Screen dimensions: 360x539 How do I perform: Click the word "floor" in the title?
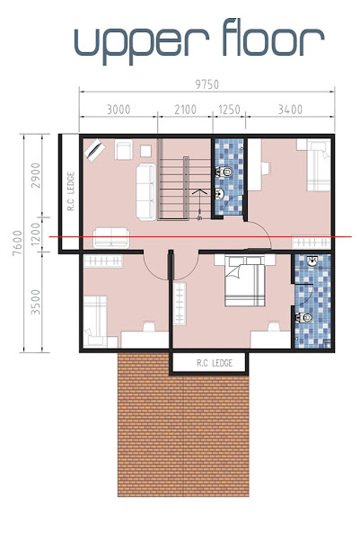point(273,37)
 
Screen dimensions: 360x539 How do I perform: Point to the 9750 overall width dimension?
point(207,84)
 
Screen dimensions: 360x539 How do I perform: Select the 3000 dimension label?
point(119,110)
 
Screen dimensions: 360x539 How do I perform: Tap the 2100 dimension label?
point(185,110)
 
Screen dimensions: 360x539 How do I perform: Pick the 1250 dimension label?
point(229,110)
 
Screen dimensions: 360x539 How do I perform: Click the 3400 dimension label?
point(290,110)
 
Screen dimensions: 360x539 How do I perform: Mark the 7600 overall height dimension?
point(17,243)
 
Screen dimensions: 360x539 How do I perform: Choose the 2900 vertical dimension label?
point(35,175)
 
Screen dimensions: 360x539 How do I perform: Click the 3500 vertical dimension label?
point(35,302)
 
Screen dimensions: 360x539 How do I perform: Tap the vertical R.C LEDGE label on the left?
point(71,191)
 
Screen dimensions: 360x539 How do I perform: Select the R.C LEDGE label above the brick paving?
point(215,363)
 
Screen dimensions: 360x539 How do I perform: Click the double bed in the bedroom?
point(244,281)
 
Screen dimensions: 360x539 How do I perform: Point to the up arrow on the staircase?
point(199,204)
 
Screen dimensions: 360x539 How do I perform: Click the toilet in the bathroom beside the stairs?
point(224,171)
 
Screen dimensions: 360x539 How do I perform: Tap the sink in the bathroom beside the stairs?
point(219,194)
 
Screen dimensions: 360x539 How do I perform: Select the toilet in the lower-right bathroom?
point(304,318)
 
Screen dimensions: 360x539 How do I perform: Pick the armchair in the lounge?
point(124,149)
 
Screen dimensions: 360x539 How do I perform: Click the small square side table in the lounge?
point(146,151)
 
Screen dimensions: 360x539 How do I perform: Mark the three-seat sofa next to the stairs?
point(145,192)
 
